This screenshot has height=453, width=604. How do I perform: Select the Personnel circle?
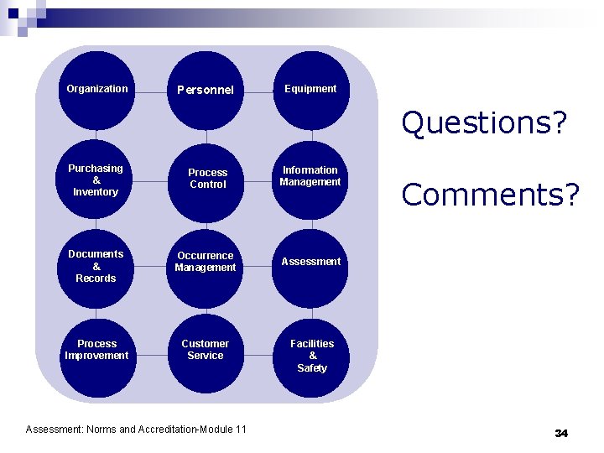pos(206,90)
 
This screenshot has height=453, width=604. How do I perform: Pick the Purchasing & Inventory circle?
pos(96,180)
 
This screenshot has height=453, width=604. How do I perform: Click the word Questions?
pos(484,123)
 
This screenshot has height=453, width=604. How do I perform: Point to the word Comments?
pos(490,195)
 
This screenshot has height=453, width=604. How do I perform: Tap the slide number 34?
pos(561,433)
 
